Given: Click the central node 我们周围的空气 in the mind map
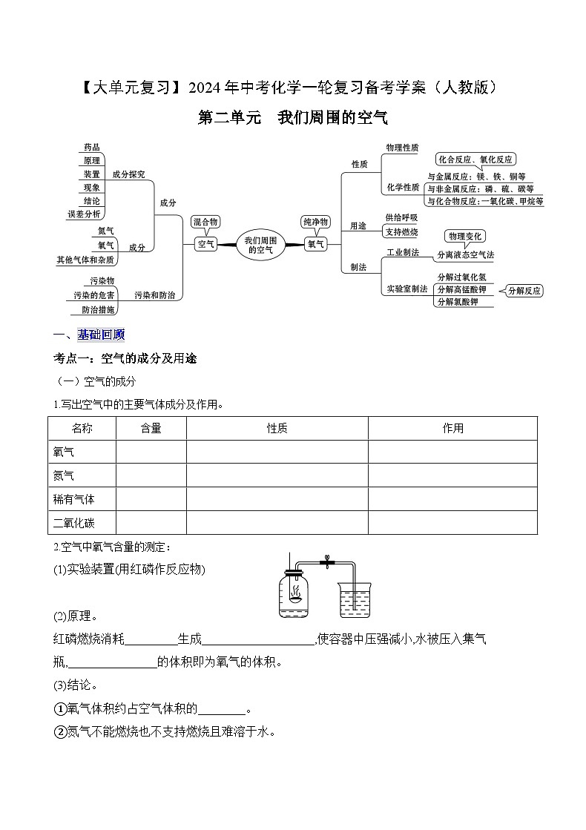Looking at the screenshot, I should click(260, 245).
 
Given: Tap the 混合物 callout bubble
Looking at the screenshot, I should click(205, 221).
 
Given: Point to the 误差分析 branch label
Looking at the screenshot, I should click(84, 214).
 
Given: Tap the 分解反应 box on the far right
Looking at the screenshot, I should click(524, 291).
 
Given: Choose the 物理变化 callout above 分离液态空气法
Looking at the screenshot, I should click(465, 236).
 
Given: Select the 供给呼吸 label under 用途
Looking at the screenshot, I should click(402, 217).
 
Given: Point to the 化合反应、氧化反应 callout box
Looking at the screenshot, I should click(475, 159).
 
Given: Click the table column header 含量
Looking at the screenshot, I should click(151, 428).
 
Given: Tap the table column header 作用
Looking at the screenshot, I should click(452, 428).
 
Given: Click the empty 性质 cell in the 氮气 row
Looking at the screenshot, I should click(277, 475).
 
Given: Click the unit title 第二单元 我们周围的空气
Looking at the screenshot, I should click(292, 117).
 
